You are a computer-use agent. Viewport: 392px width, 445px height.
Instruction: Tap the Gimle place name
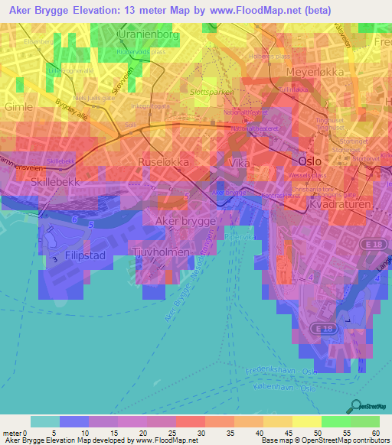pyautogui.click(x=18, y=108)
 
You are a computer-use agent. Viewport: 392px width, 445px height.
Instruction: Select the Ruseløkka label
pyautogui.click(x=163, y=162)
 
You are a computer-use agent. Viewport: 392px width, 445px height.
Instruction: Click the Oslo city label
pyautogui.click(x=309, y=161)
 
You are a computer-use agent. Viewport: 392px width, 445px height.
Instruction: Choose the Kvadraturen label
pyautogui.click(x=339, y=206)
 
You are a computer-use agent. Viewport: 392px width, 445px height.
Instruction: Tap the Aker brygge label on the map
pyautogui.click(x=185, y=221)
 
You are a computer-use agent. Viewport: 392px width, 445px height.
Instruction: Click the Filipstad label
pyautogui.click(x=85, y=255)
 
